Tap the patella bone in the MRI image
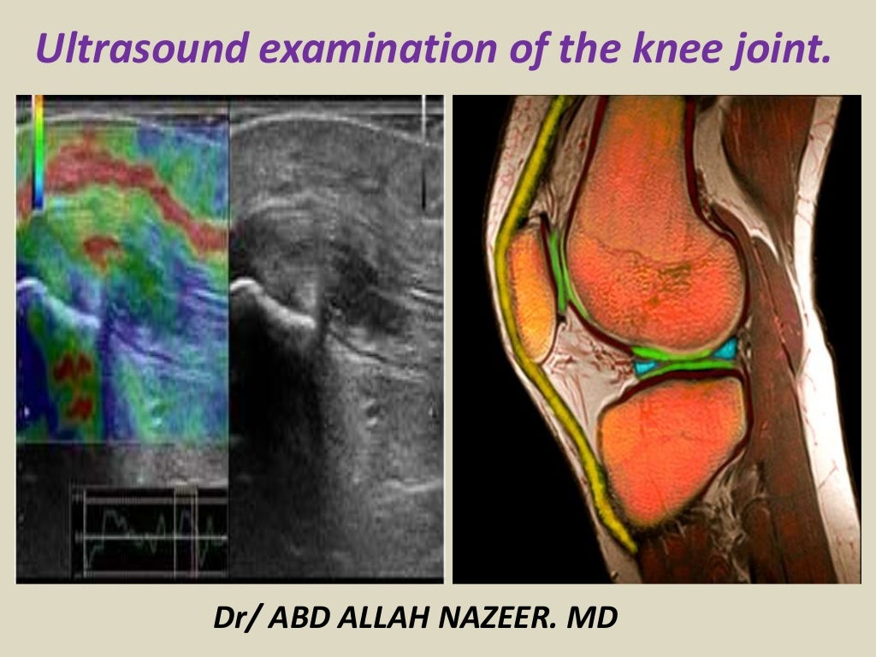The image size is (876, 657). click(x=530, y=291)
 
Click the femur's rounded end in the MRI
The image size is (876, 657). click(x=654, y=248)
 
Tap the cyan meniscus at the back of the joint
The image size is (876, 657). click(x=727, y=349)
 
